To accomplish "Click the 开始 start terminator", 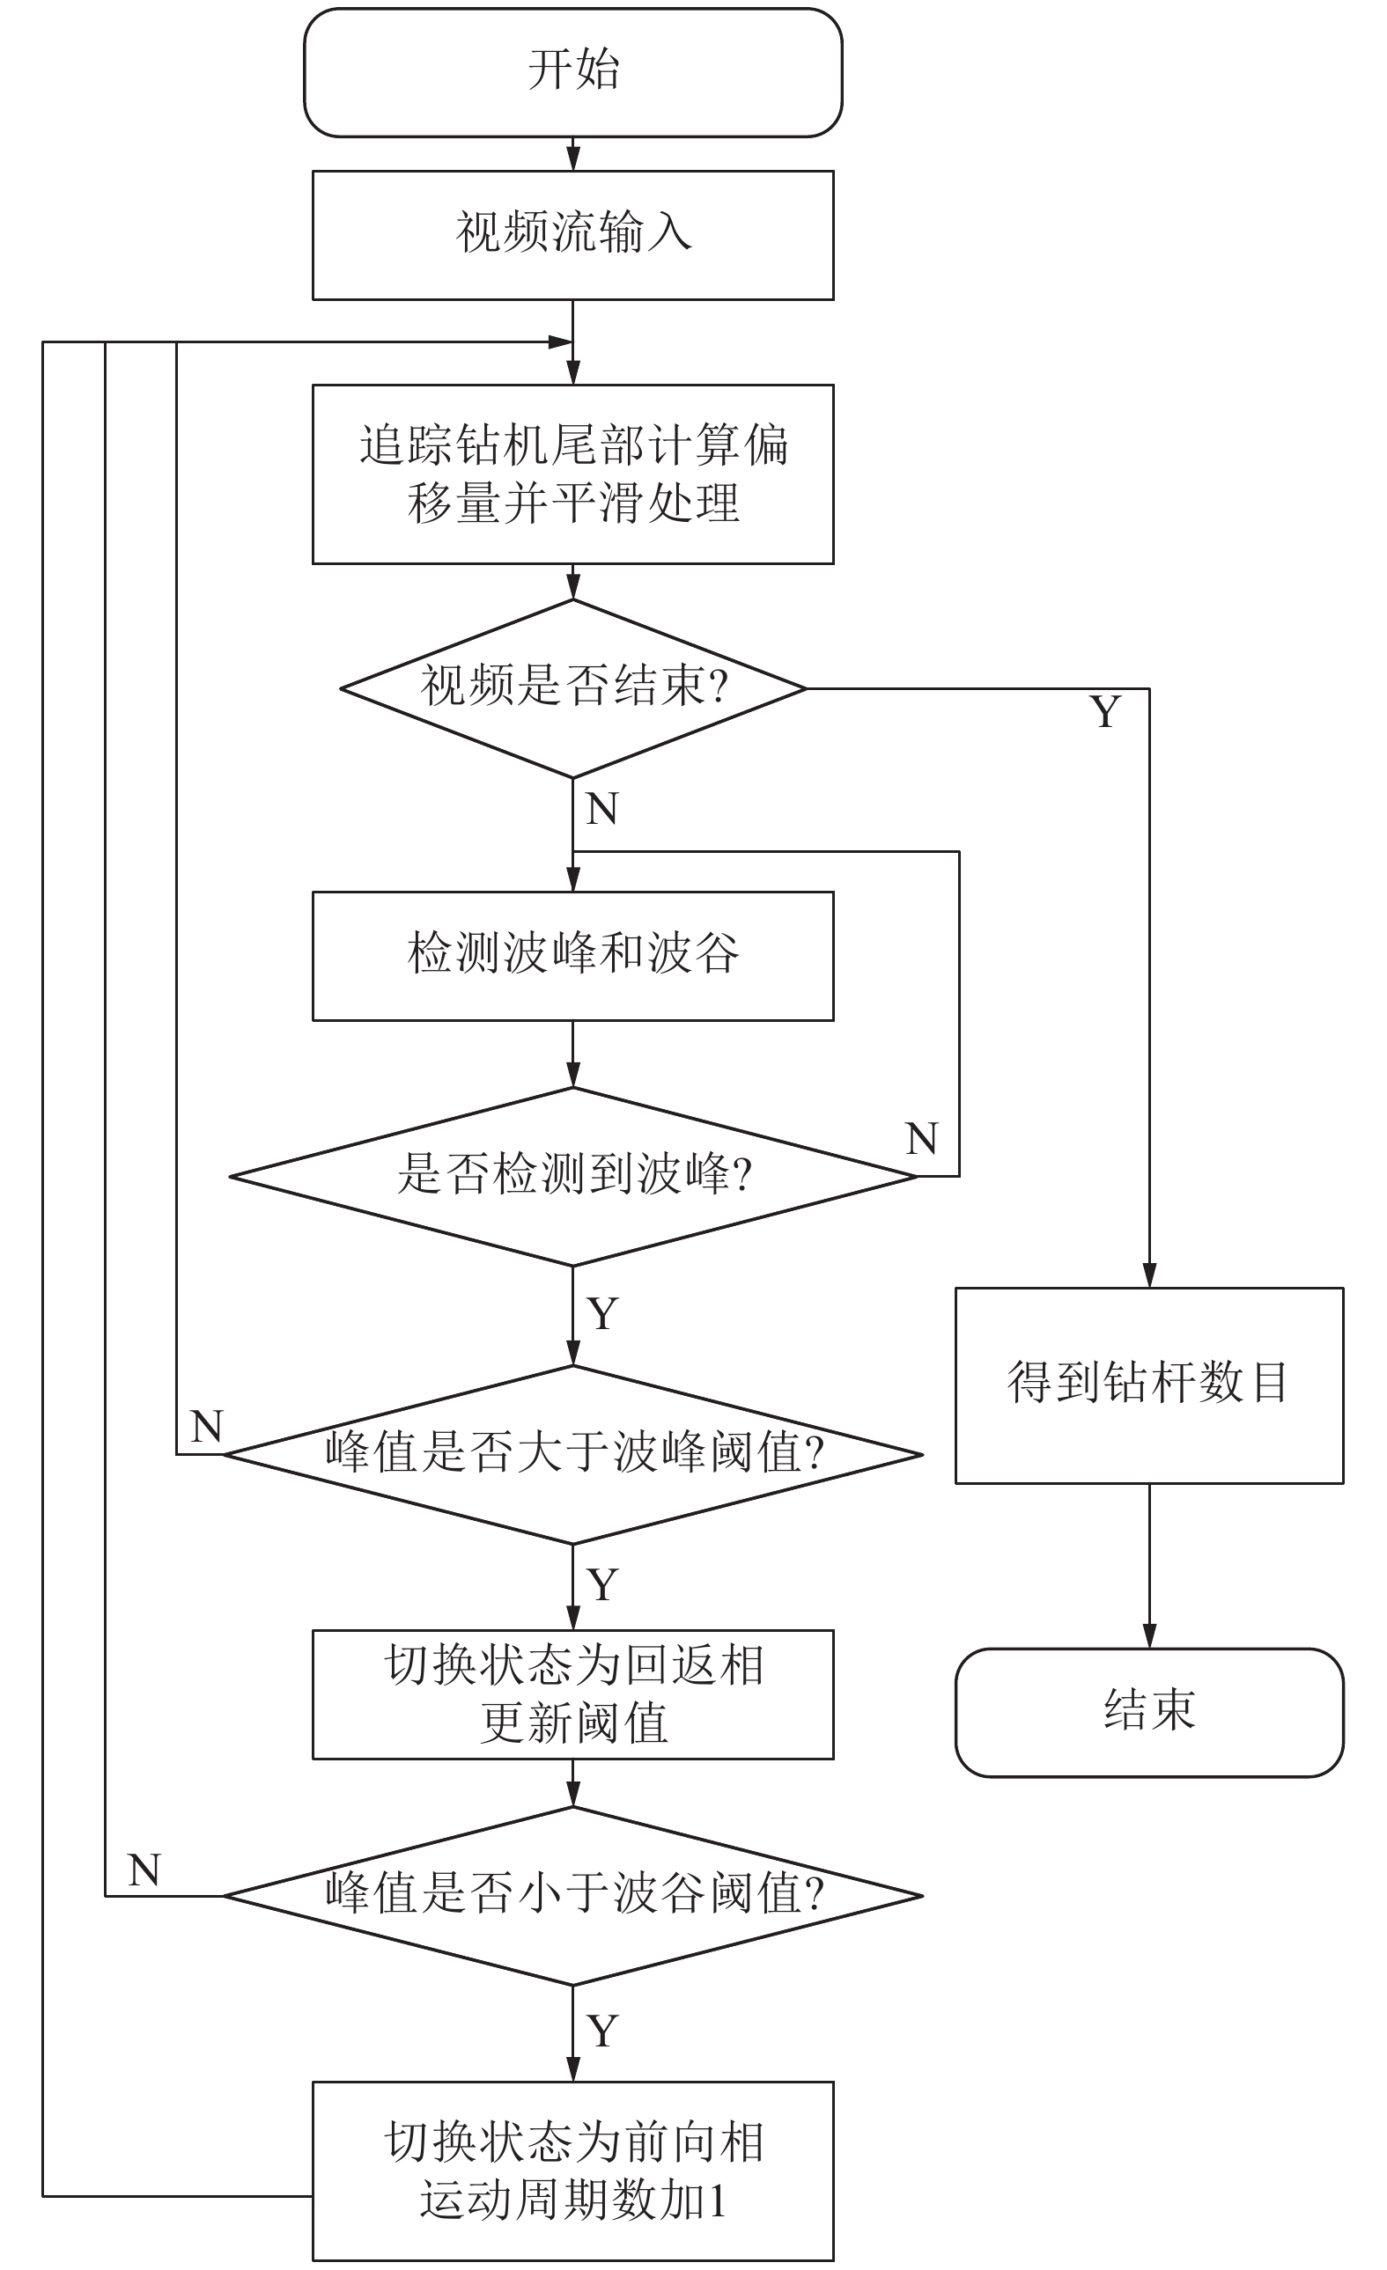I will coord(572,72).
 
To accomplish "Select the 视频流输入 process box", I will coord(572,235).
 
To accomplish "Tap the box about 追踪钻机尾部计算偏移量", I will coord(572,474).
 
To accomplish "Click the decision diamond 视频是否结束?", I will coord(572,688).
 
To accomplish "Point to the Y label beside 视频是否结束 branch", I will coord(1105,712).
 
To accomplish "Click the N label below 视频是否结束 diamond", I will coord(601,809).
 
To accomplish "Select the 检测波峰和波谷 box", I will coord(572,955).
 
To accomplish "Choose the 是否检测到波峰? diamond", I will coord(572,1177).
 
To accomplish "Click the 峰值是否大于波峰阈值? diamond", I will coord(572,1455).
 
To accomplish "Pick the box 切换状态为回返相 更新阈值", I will coord(572,1694).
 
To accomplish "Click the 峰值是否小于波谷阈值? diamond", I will coord(572,1896).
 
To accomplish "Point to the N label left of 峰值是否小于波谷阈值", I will coord(144,1870).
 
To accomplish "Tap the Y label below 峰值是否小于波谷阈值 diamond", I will coord(601,2031).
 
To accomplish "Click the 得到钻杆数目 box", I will coord(1148,1385).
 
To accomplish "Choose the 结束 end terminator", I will coord(1148,1712).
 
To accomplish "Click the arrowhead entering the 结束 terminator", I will coord(1148,1637).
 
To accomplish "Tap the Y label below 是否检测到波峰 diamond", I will coord(601,1314).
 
